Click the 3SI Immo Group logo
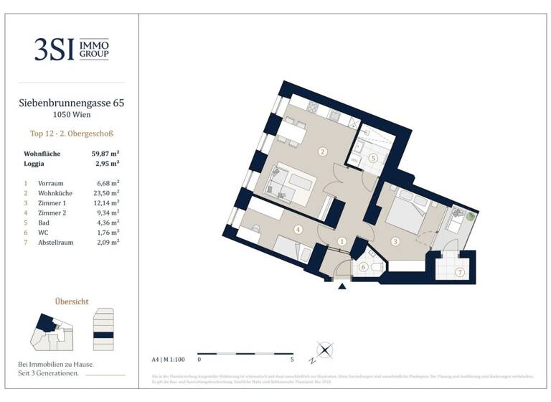tap(71, 49)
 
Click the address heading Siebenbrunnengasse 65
tap(71, 103)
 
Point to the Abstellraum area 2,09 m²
tap(108, 243)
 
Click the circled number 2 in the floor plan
tap(323, 151)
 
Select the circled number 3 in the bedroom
tap(395, 242)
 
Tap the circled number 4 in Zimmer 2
tap(297, 230)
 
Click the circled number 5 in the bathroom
tap(372, 159)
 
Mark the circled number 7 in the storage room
tap(460, 272)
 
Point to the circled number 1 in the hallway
tap(342, 242)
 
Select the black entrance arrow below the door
tap(342, 286)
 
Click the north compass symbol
tap(324, 351)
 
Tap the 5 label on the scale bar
tap(293, 358)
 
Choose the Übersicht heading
tap(71, 301)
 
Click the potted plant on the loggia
tap(470, 215)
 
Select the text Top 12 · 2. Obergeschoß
tap(71, 134)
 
